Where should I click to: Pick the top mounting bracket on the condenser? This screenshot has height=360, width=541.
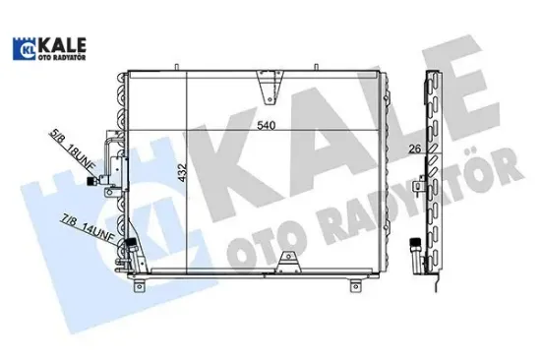pos(267,87)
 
